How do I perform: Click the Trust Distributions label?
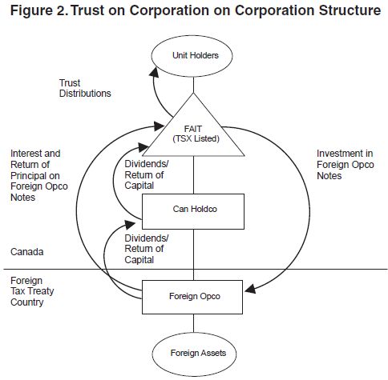click(85, 88)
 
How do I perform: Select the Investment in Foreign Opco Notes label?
click(346, 165)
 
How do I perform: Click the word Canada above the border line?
click(27, 252)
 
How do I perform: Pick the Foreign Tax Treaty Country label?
click(32, 291)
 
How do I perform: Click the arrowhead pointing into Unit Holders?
click(154, 73)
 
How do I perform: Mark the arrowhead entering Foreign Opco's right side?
click(250, 289)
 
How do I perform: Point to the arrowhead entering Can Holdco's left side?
click(131, 224)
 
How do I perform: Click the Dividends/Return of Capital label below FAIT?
click(147, 174)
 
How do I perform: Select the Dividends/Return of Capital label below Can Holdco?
click(147, 249)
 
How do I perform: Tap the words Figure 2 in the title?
click(39, 10)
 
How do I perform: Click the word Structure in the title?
click(350, 10)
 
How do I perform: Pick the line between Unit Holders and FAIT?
click(193, 85)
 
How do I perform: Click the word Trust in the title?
click(87, 10)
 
